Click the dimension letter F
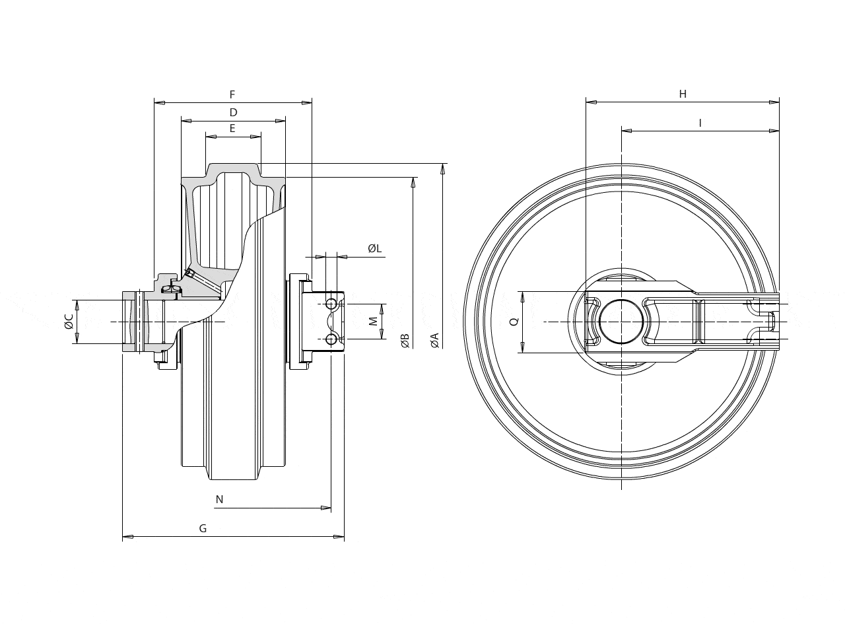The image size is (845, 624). [x=232, y=94]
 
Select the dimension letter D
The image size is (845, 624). [x=233, y=112]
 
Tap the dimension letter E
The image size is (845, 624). [x=232, y=129]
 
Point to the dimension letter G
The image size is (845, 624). [x=203, y=529]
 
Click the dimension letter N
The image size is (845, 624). [x=219, y=499]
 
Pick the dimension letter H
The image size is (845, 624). [x=683, y=94]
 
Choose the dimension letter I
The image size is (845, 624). [x=700, y=123]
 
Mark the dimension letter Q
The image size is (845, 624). [x=514, y=322]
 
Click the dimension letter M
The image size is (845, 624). [x=374, y=322]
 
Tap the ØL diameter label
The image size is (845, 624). [x=375, y=248]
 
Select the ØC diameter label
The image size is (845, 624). [x=69, y=322]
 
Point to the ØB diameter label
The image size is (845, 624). [x=405, y=341]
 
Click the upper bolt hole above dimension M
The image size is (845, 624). [x=331, y=304]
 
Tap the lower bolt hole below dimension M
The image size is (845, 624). [x=331, y=339]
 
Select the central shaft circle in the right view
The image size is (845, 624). [x=621, y=322]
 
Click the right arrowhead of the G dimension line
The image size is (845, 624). [x=339, y=537]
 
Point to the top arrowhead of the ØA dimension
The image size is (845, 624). [x=443, y=169]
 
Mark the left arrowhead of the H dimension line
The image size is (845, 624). [x=591, y=102]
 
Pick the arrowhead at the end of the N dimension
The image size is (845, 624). [x=325, y=508]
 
